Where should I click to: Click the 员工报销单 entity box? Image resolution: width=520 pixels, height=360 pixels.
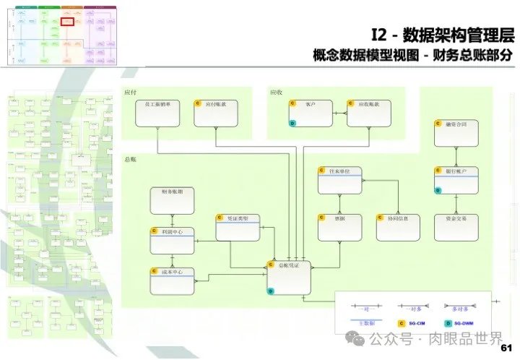(157, 113)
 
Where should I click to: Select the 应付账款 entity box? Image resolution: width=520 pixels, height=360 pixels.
(216, 113)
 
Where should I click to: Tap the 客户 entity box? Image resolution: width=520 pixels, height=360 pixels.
(310, 113)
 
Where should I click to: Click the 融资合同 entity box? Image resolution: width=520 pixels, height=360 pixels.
(456, 133)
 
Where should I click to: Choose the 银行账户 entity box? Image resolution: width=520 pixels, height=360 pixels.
(456, 180)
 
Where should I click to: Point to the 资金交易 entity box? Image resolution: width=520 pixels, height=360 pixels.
(456, 227)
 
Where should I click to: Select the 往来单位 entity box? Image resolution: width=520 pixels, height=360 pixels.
(339, 180)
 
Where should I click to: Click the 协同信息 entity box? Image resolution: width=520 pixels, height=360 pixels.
(398, 227)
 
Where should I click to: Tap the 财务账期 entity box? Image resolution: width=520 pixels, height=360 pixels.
(172, 200)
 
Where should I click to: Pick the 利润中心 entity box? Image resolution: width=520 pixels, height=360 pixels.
(172, 240)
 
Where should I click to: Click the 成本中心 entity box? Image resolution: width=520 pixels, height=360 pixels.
(172, 280)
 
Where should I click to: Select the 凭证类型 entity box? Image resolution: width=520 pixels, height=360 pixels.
(238, 227)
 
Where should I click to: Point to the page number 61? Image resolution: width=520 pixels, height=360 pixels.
(506, 348)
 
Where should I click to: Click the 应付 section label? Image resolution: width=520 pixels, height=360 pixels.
(131, 93)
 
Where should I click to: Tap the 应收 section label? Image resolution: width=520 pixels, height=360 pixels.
(277, 93)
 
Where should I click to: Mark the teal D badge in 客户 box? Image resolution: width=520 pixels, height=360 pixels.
(292, 124)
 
